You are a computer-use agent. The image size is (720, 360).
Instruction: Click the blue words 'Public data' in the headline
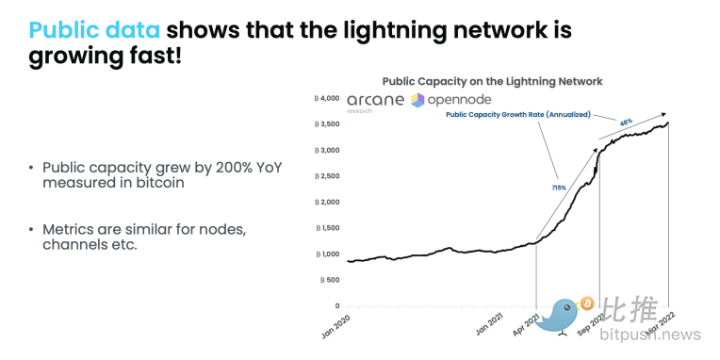point(94,30)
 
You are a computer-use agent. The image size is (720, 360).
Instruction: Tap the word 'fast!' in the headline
point(153,57)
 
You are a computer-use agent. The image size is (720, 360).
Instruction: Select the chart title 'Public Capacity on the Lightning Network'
point(492,82)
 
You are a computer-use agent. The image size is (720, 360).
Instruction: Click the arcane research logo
point(376,102)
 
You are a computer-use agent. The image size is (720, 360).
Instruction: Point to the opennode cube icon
point(417,100)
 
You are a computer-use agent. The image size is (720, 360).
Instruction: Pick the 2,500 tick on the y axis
point(327,176)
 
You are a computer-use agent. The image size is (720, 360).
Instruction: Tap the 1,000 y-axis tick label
point(327,254)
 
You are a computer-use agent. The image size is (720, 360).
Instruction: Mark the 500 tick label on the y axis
point(330,280)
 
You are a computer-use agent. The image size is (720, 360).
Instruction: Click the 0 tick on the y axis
point(337,306)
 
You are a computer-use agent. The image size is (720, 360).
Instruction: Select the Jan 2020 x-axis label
point(336,326)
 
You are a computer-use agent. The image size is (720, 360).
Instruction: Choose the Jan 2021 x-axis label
point(489,326)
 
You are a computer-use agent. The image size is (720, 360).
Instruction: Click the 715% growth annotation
point(559,188)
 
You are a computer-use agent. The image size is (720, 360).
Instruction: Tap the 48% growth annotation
point(626,122)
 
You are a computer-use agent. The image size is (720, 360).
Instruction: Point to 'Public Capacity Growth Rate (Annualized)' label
point(518,115)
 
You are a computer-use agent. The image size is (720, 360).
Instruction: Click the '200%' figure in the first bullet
point(234,168)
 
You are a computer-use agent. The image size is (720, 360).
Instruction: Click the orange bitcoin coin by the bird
point(587,303)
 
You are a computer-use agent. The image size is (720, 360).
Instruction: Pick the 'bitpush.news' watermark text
point(650,335)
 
